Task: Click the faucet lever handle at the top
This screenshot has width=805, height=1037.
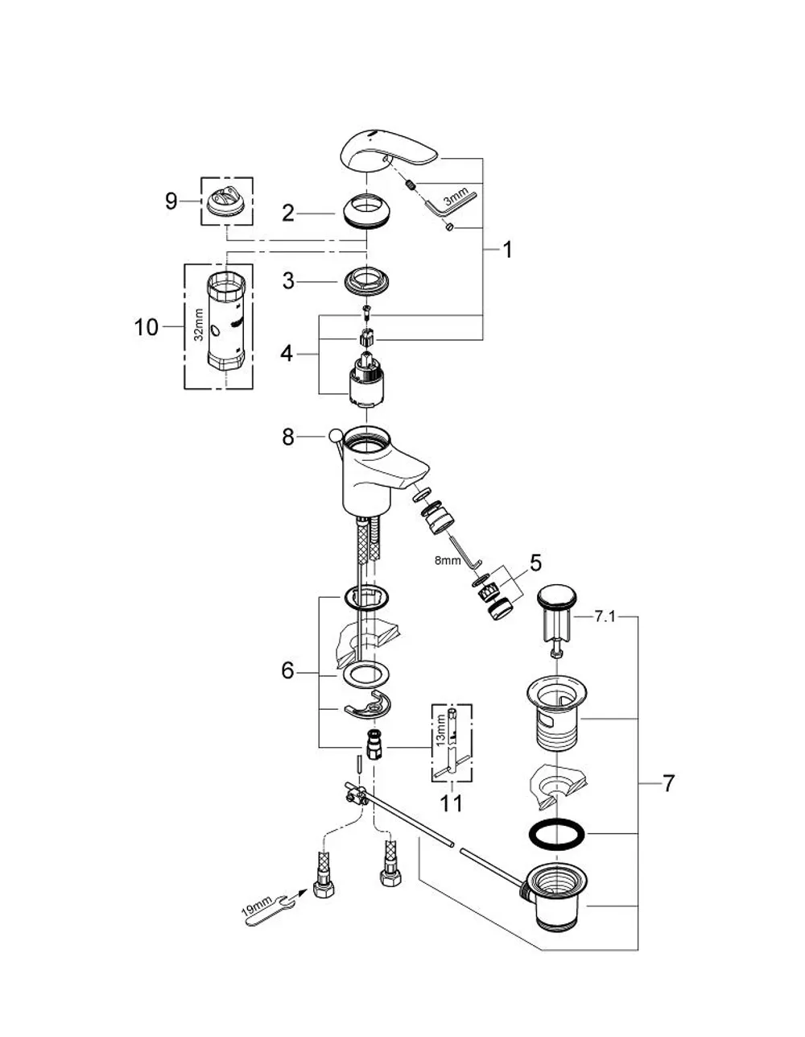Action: click(389, 153)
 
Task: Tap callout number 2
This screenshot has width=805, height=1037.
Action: click(288, 214)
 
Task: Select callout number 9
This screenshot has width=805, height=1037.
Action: click(171, 201)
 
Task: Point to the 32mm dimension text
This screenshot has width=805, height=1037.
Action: click(199, 325)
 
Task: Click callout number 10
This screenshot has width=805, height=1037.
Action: click(146, 327)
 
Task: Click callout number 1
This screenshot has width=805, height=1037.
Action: click(508, 250)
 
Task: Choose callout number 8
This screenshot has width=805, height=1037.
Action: click(288, 438)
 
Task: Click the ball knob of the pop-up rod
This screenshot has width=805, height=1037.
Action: click(335, 434)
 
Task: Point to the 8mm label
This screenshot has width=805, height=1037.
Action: click(448, 560)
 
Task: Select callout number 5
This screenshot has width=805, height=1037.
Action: click(536, 563)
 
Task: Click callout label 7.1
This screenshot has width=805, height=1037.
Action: click(605, 617)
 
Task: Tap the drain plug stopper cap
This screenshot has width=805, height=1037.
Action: click(557, 596)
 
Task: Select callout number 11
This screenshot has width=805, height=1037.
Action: click(451, 803)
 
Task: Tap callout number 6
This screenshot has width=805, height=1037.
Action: click(288, 671)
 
